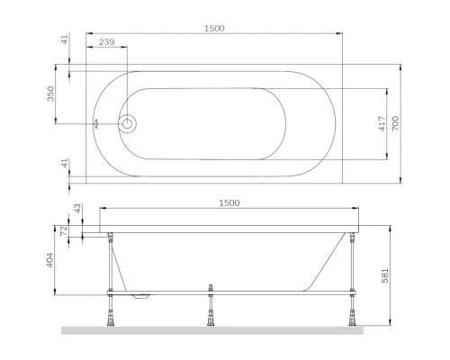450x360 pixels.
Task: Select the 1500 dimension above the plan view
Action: coord(213,28)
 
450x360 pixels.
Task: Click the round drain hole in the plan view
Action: coord(128,124)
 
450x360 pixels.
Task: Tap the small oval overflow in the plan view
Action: coord(96,124)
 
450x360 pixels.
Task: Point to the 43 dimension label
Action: coord(76,208)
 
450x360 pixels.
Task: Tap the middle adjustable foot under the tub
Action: coord(210,313)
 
